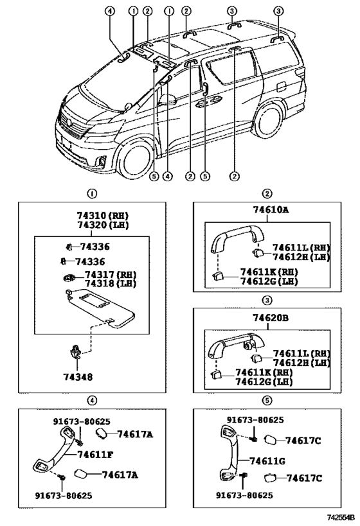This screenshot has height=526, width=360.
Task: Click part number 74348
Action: tap(78, 377)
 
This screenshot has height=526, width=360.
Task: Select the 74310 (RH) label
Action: tap(103, 215)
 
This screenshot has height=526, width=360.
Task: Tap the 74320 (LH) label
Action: tap(103, 225)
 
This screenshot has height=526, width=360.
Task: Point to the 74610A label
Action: tap(271, 209)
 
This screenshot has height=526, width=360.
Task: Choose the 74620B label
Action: tap(271, 317)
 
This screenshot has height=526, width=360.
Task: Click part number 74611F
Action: tap(95, 455)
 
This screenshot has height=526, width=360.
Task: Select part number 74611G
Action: tap(267, 461)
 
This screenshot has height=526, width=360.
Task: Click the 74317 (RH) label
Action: tap(111, 274)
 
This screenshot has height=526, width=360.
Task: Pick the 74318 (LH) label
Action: tap(111, 283)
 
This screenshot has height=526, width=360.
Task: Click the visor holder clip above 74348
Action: tap(76, 351)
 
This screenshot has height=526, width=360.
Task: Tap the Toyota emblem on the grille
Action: tap(69, 122)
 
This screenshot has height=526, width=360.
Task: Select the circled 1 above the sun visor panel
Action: tap(92, 193)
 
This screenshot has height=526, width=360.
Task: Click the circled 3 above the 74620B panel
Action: tap(267, 300)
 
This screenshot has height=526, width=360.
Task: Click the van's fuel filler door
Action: tap(280, 86)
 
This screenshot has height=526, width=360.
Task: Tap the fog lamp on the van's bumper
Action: tap(102, 162)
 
